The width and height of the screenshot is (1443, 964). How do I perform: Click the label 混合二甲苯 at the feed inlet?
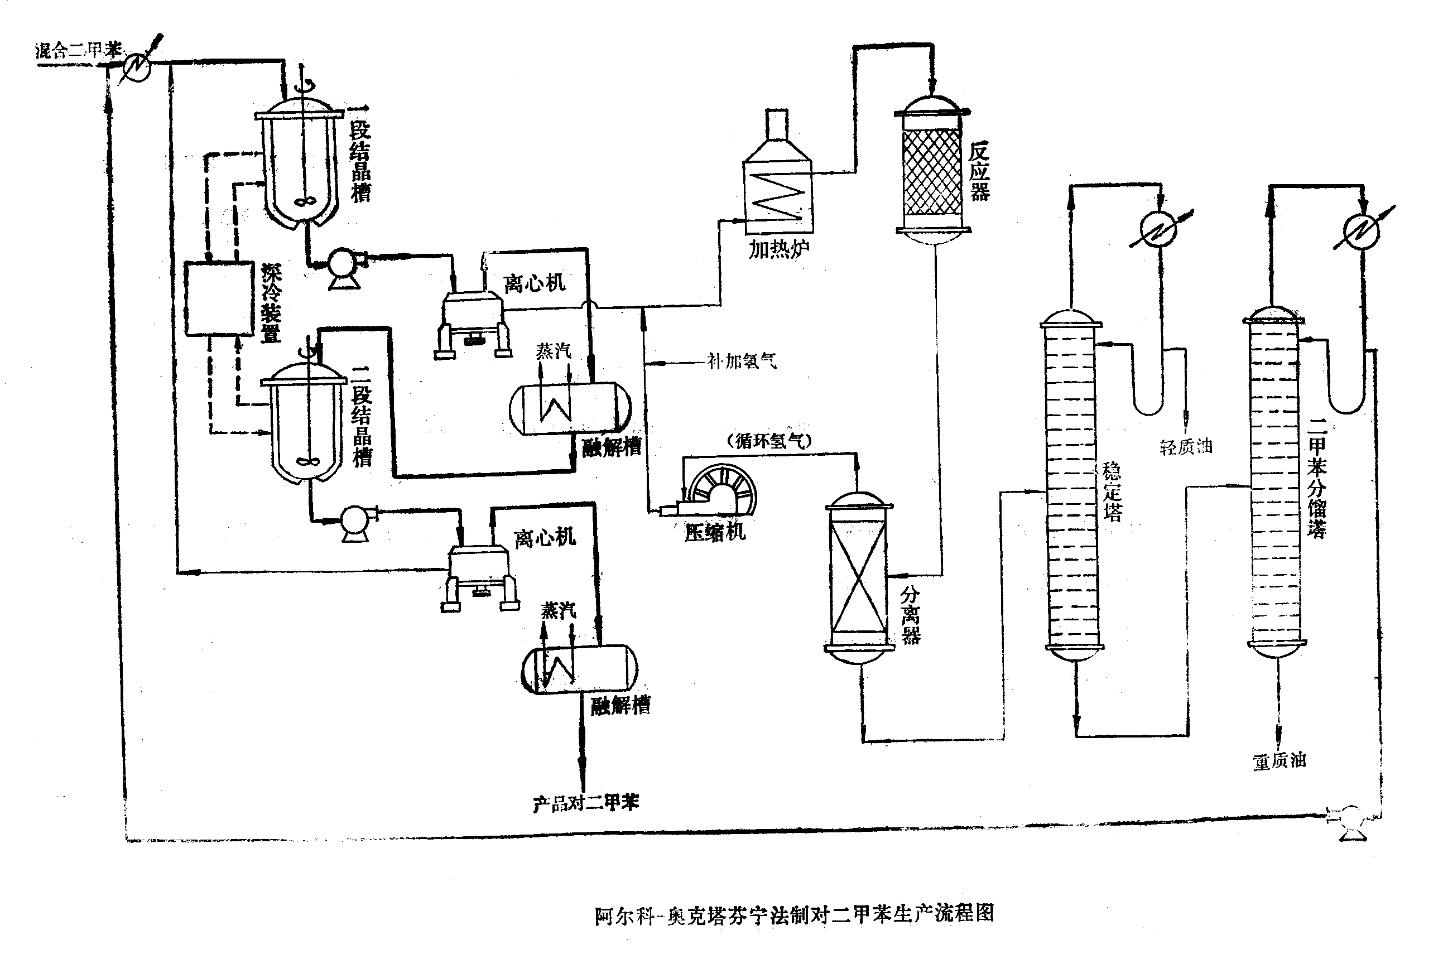pos(78,50)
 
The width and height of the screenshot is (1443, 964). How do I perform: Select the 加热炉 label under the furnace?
pos(778,249)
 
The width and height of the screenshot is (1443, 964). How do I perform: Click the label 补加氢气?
pos(742,361)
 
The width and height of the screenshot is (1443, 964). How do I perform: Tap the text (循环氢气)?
pos(769,441)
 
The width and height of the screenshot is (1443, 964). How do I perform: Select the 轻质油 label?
pos(1185,447)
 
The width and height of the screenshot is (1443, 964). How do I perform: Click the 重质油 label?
pos(1280,761)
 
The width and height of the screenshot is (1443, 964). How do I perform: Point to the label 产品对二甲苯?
pos(586,803)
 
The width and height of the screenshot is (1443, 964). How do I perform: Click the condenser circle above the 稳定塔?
pos(1158,230)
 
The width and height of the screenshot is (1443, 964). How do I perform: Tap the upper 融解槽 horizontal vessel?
pos(570,408)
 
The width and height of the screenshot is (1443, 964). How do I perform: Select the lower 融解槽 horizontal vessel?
pos(579,669)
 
